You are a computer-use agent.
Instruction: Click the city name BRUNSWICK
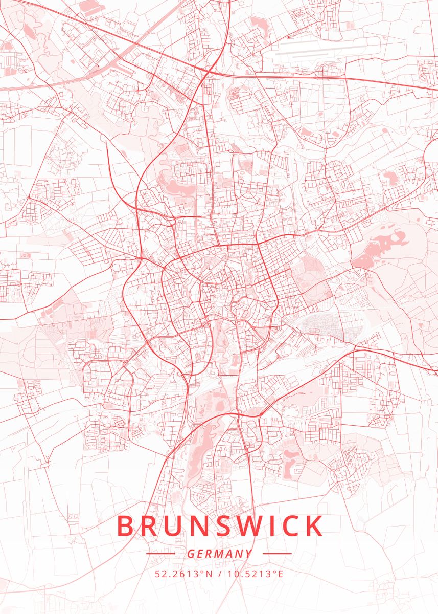pos(220,526)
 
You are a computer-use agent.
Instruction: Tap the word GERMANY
pos(219,554)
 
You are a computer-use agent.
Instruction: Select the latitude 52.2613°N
pos(183,574)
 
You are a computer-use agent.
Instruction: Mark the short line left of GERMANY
pos(160,554)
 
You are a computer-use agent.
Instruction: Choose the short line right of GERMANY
pos(276,554)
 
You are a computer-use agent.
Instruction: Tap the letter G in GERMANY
pos(190,554)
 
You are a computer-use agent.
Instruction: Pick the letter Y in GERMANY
pos(248,554)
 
